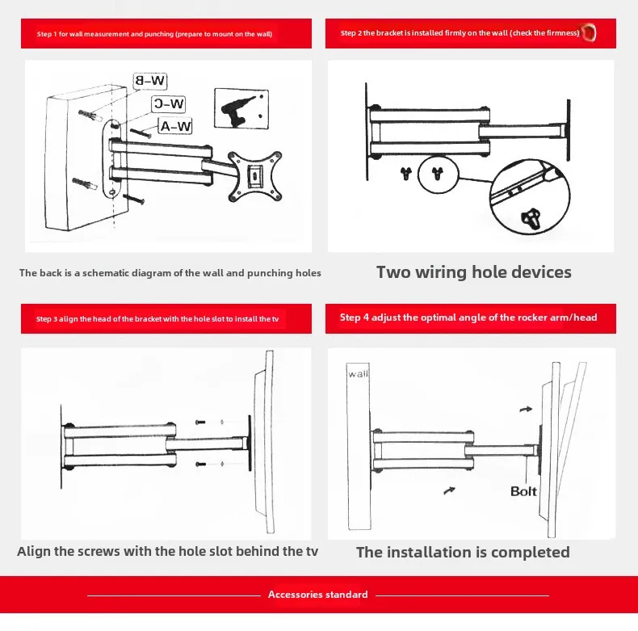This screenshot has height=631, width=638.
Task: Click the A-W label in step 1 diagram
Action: (176, 126)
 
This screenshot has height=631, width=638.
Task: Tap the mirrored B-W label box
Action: (150, 81)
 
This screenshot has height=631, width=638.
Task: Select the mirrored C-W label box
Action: (170, 103)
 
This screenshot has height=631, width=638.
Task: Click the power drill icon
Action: (240, 109)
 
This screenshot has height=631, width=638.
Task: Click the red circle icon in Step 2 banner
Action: (590, 33)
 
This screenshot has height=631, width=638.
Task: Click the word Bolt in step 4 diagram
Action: (523, 490)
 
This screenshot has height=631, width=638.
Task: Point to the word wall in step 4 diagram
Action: (358, 375)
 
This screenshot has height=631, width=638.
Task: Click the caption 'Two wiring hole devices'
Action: (474, 272)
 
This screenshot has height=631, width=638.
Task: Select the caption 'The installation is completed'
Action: (463, 553)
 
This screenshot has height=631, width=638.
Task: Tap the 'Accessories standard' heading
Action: (318, 595)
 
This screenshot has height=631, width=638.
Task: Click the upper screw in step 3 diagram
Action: (201, 423)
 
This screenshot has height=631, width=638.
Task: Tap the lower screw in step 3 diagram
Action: (201, 464)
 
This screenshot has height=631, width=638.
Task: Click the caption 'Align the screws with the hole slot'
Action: (168, 552)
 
